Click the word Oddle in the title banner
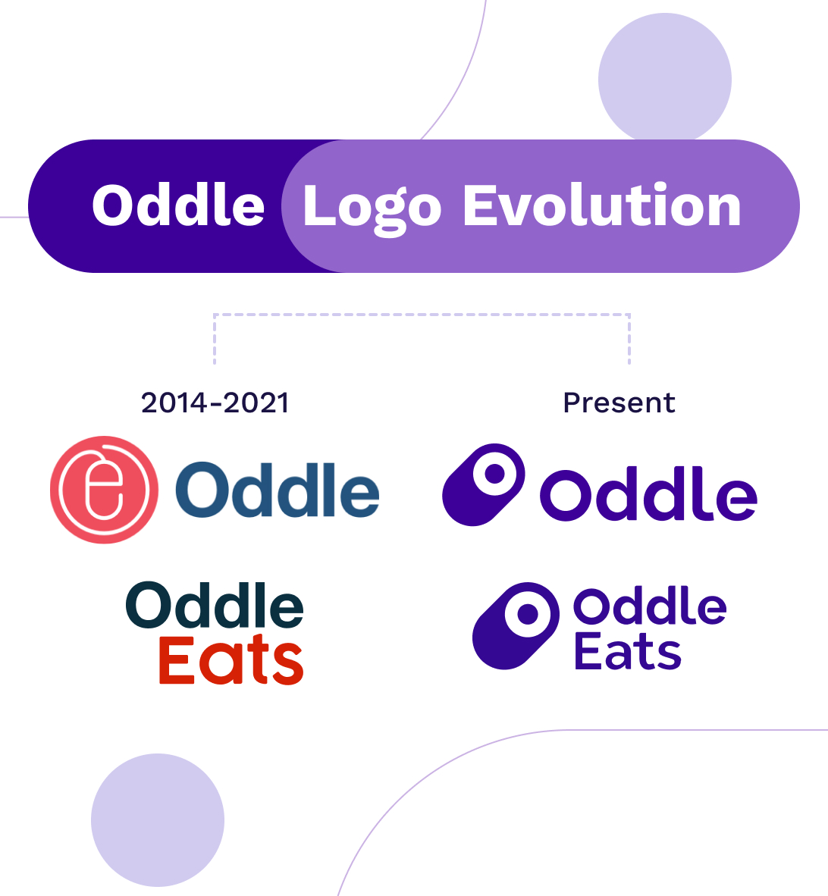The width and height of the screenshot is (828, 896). [x=178, y=205]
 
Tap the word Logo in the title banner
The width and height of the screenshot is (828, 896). [x=372, y=208]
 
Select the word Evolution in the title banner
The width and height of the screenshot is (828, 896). [x=602, y=205]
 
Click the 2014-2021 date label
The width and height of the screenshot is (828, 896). [x=215, y=403]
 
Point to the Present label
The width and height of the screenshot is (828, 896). [x=619, y=403]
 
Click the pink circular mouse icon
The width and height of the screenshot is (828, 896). [x=104, y=490]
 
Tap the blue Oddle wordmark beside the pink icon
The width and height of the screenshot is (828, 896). [x=278, y=489]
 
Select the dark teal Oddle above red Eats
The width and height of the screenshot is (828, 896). [x=215, y=605]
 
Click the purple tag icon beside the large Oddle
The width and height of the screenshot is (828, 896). [x=484, y=484]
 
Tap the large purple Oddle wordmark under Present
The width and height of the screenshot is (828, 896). [x=648, y=493]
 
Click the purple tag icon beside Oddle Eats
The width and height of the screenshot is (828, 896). [x=516, y=625]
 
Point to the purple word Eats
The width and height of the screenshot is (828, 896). [x=627, y=651]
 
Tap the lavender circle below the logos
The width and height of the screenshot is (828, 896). [x=158, y=820]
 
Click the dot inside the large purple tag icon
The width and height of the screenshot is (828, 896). [x=495, y=474]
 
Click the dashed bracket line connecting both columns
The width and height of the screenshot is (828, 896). [x=422, y=315]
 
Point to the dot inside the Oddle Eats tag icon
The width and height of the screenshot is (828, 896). [x=528, y=614]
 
